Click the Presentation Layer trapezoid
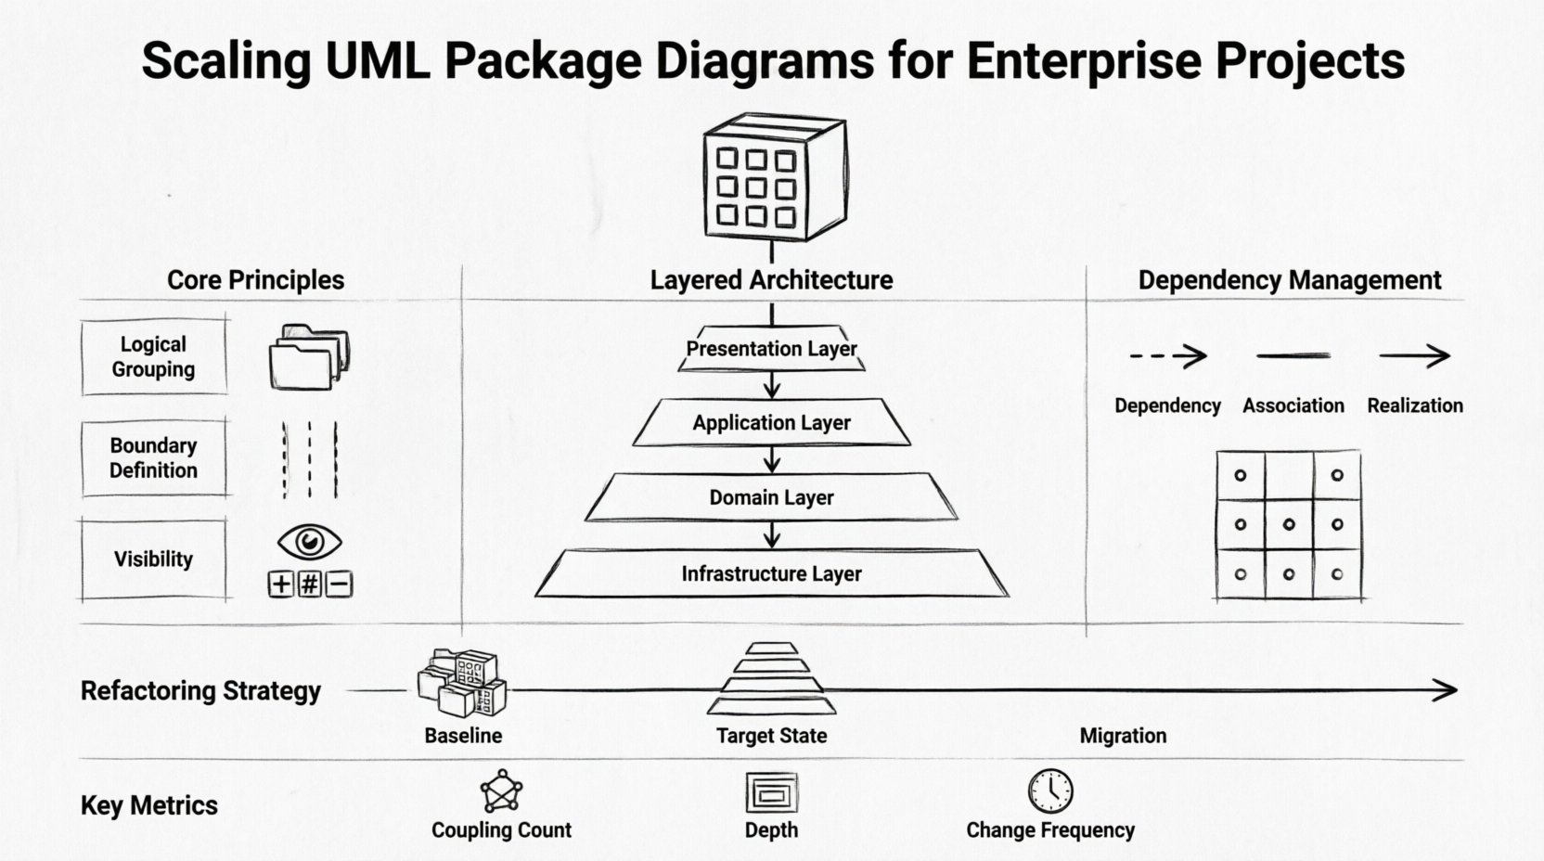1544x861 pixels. click(x=772, y=349)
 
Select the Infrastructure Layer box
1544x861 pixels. click(x=772, y=573)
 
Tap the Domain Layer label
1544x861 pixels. click(x=772, y=497)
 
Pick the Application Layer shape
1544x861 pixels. click(x=772, y=423)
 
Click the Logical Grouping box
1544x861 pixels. click(x=153, y=357)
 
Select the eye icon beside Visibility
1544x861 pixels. click(x=309, y=542)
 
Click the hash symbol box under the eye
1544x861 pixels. click(x=310, y=584)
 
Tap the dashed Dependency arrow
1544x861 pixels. click(x=1167, y=355)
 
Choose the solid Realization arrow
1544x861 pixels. click(x=1414, y=355)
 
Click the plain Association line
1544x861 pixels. click(x=1293, y=355)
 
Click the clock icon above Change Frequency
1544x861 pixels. click(x=1050, y=790)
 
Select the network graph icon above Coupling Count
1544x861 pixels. click(x=501, y=791)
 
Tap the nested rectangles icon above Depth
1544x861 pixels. click(x=771, y=793)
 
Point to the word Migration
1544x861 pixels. click(x=1123, y=736)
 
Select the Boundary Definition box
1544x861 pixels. click(x=153, y=458)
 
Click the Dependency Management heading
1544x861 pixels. click(x=1289, y=280)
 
